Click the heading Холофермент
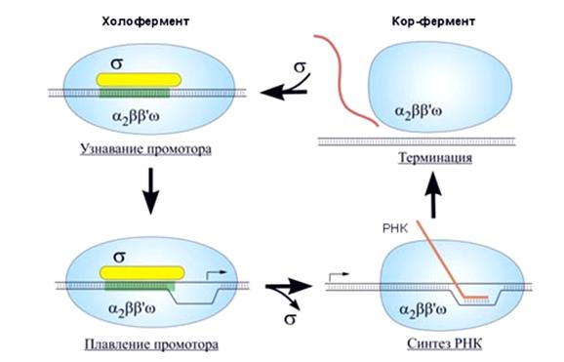[x=145, y=21]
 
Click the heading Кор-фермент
[x=433, y=21]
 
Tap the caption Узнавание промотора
[x=145, y=148]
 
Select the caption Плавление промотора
[x=151, y=344]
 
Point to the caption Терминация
[x=435, y=158]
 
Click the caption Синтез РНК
[x=444, y=343]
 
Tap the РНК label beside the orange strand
[x=395, y=228]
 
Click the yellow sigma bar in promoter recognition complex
[x=139, y=80]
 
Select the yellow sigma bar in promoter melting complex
[x=142, y=273]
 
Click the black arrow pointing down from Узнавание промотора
[x=150, y=191]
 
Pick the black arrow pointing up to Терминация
[x=433, y=195]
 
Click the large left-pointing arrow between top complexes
[x=283, y=93]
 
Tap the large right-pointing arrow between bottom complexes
[x=289, y=287]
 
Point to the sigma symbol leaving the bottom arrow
[x=290, y=319]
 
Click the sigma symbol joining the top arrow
[x=300, y=67]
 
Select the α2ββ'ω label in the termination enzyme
[x=419, y=111]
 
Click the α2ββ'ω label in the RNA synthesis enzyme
[x=423, y=309]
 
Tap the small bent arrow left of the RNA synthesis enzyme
[x=339, y=276]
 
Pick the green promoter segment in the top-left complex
[x=135, y=94]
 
